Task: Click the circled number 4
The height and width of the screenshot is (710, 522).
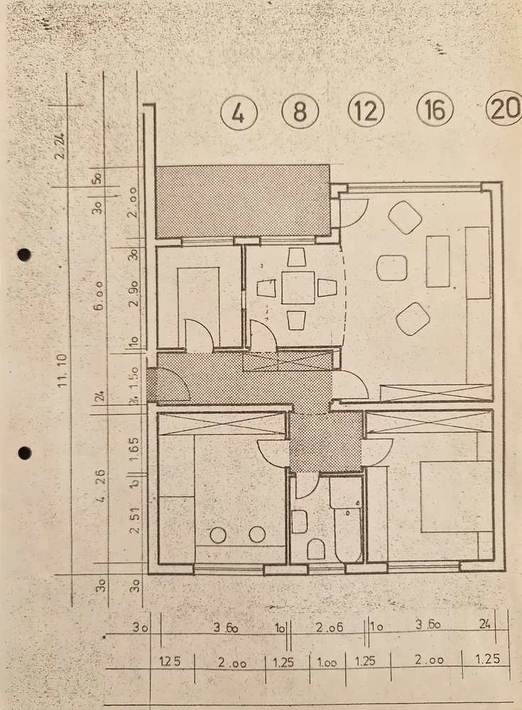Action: pyautogui.click(x=239, y=113)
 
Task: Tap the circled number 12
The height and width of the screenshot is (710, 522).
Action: pyautogui.click(x=366, y=111)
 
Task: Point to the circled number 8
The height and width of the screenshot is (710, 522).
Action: pyautogui.click(x=300, y=112)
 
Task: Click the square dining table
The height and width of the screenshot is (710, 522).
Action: pyautogui.click(x=298, y=288)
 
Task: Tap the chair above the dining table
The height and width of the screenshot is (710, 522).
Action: pyautogui.click(x=298, y=258)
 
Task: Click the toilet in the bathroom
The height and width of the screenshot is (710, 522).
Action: pyautogui.click(x=316, y=548)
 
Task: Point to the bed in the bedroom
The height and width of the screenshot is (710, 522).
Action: pyautogui.click(x=455, y=496)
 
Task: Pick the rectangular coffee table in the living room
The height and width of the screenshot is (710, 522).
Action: pyautogui.click(x=438, y=261)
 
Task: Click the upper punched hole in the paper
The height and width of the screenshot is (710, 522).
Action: pyautogui.click(x=24, y=254)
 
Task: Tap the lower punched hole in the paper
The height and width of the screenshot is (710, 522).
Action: pyautogui.click(x=24, y=452)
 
